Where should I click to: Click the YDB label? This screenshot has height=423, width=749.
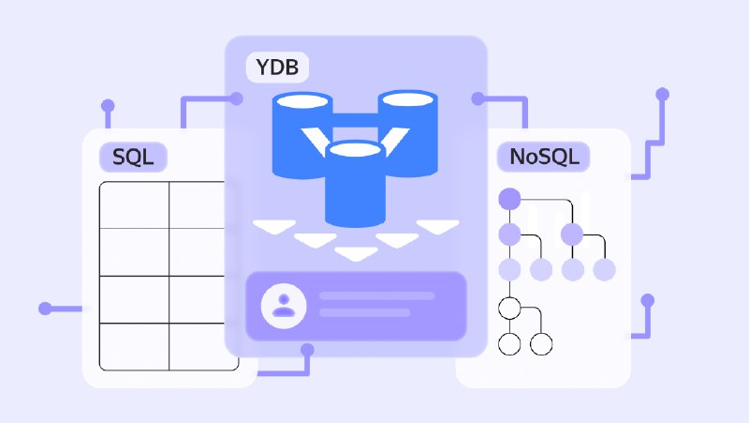coord(277,67)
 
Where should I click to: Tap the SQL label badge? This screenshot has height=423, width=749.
coord(133,157)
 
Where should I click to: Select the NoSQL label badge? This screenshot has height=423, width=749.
coord(544,157)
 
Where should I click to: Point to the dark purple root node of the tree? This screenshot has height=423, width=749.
coord(509,199)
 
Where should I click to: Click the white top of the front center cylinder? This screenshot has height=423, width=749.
coord(355,149)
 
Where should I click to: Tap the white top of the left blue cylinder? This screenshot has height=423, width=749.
coord(302,101)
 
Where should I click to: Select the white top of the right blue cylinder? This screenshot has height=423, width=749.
coord(407,99)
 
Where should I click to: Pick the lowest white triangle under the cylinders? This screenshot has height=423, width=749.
coord(356,253)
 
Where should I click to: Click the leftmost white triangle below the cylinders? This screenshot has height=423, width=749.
coord(274,227)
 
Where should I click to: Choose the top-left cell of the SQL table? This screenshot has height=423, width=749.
coord(134,204)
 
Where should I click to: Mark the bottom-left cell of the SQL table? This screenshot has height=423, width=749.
coord(134,346)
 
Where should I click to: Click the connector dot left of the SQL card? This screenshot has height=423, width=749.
coord(45,309)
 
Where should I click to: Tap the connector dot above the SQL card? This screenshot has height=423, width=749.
coord(108,106)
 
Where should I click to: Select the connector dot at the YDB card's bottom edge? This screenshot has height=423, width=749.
coord(308,350)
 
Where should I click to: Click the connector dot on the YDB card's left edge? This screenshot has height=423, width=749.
coord(237,98)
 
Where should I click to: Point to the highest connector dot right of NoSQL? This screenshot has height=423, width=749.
coord(662,95)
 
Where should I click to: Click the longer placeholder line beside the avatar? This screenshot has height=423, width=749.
coord(377,295)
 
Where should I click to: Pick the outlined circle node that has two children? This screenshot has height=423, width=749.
coord(509,309)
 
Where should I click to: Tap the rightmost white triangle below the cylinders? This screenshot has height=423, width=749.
coord(437,227)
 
